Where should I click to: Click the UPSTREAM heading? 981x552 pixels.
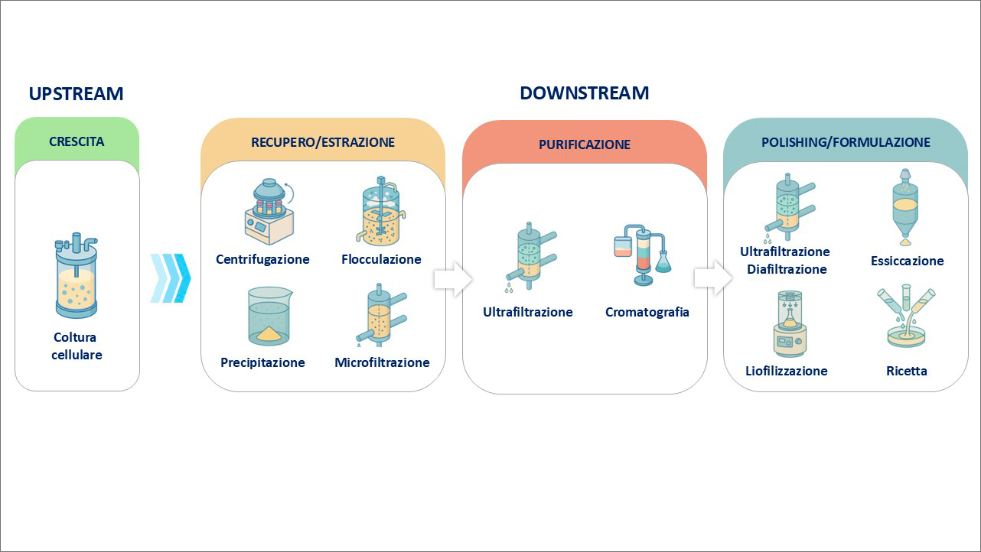(77, 94)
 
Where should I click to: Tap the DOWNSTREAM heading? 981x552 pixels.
(584, 93)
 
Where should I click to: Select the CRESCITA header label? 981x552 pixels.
(77, 141)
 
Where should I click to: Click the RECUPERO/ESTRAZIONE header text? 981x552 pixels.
(323, 142)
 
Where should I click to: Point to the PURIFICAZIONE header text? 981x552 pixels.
(584, 144)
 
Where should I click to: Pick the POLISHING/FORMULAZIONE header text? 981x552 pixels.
(846, 142)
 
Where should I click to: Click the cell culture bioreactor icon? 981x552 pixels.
(77, 275)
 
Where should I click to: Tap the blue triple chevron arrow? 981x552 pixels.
(171, 278)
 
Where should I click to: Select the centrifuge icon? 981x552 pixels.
(269, 211)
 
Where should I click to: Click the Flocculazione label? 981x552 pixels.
(381, 259)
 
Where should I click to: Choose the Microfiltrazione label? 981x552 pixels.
(382, 362)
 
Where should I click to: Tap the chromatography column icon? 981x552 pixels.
(643, 255)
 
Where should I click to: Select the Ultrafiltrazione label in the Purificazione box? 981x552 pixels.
(528, 312)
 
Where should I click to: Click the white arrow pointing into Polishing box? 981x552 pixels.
(713, 278)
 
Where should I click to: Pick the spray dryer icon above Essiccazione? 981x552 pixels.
(904, 207)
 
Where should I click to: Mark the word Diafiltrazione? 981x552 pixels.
(787, 269)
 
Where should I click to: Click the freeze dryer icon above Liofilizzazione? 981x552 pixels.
(790, 323)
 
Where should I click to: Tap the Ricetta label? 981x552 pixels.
(907, 372)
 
